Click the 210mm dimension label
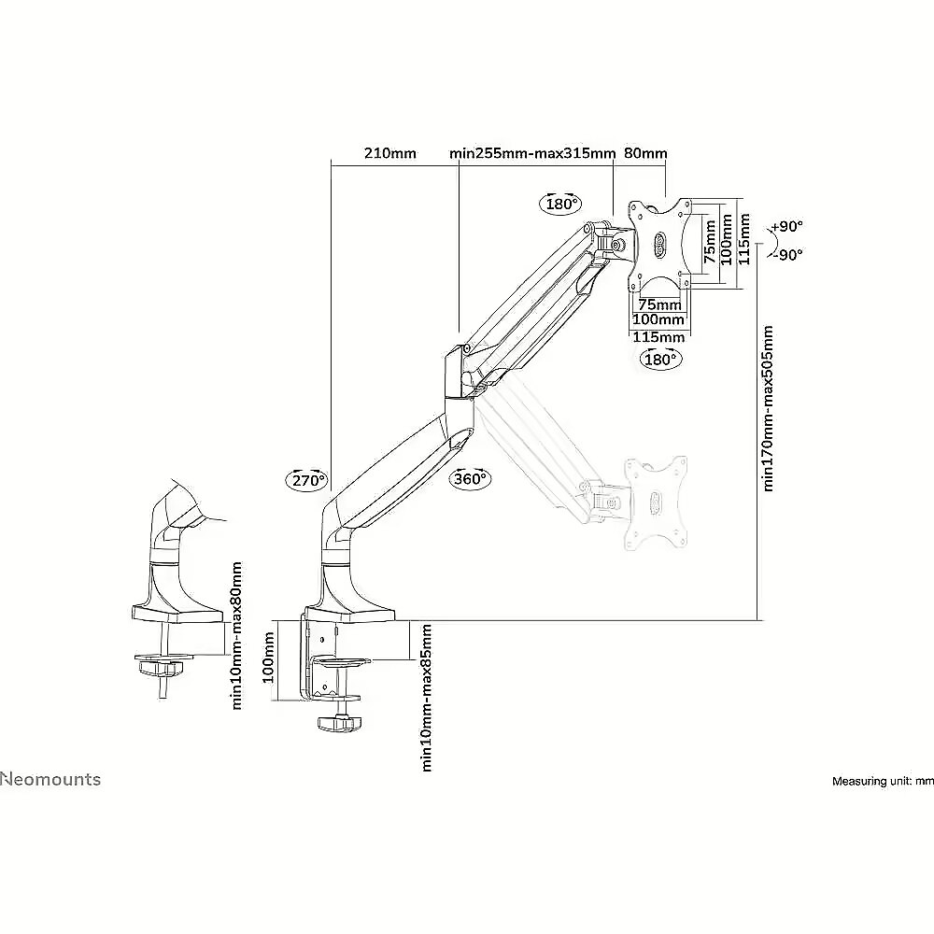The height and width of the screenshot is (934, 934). click(x=390, y=154)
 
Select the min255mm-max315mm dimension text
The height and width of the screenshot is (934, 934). click(x=532, y=154)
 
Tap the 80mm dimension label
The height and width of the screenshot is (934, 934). click(x=645, y=154)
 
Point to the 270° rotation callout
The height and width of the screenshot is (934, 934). click(x=308, y=479)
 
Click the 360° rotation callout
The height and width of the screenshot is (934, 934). click(x=471, y=478)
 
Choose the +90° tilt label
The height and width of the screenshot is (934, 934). click(x=786, y=227)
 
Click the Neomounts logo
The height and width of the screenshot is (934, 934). click(x=50, y=779)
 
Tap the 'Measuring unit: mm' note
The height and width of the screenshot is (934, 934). click(x=883, y=781)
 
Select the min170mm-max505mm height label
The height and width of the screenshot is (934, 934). click(x=768, y=409)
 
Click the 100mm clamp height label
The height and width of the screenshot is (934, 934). click(x=268, y=658)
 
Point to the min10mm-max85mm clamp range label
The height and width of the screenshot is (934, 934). click(x=426, y=698)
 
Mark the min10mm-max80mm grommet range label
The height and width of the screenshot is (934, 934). click(x=236, y=635)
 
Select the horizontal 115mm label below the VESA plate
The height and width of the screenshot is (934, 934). click(x=658, y=337)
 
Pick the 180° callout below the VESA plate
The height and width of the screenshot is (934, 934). click(x=660, y=360)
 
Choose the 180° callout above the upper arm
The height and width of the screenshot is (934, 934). click(x=559, y=204)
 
